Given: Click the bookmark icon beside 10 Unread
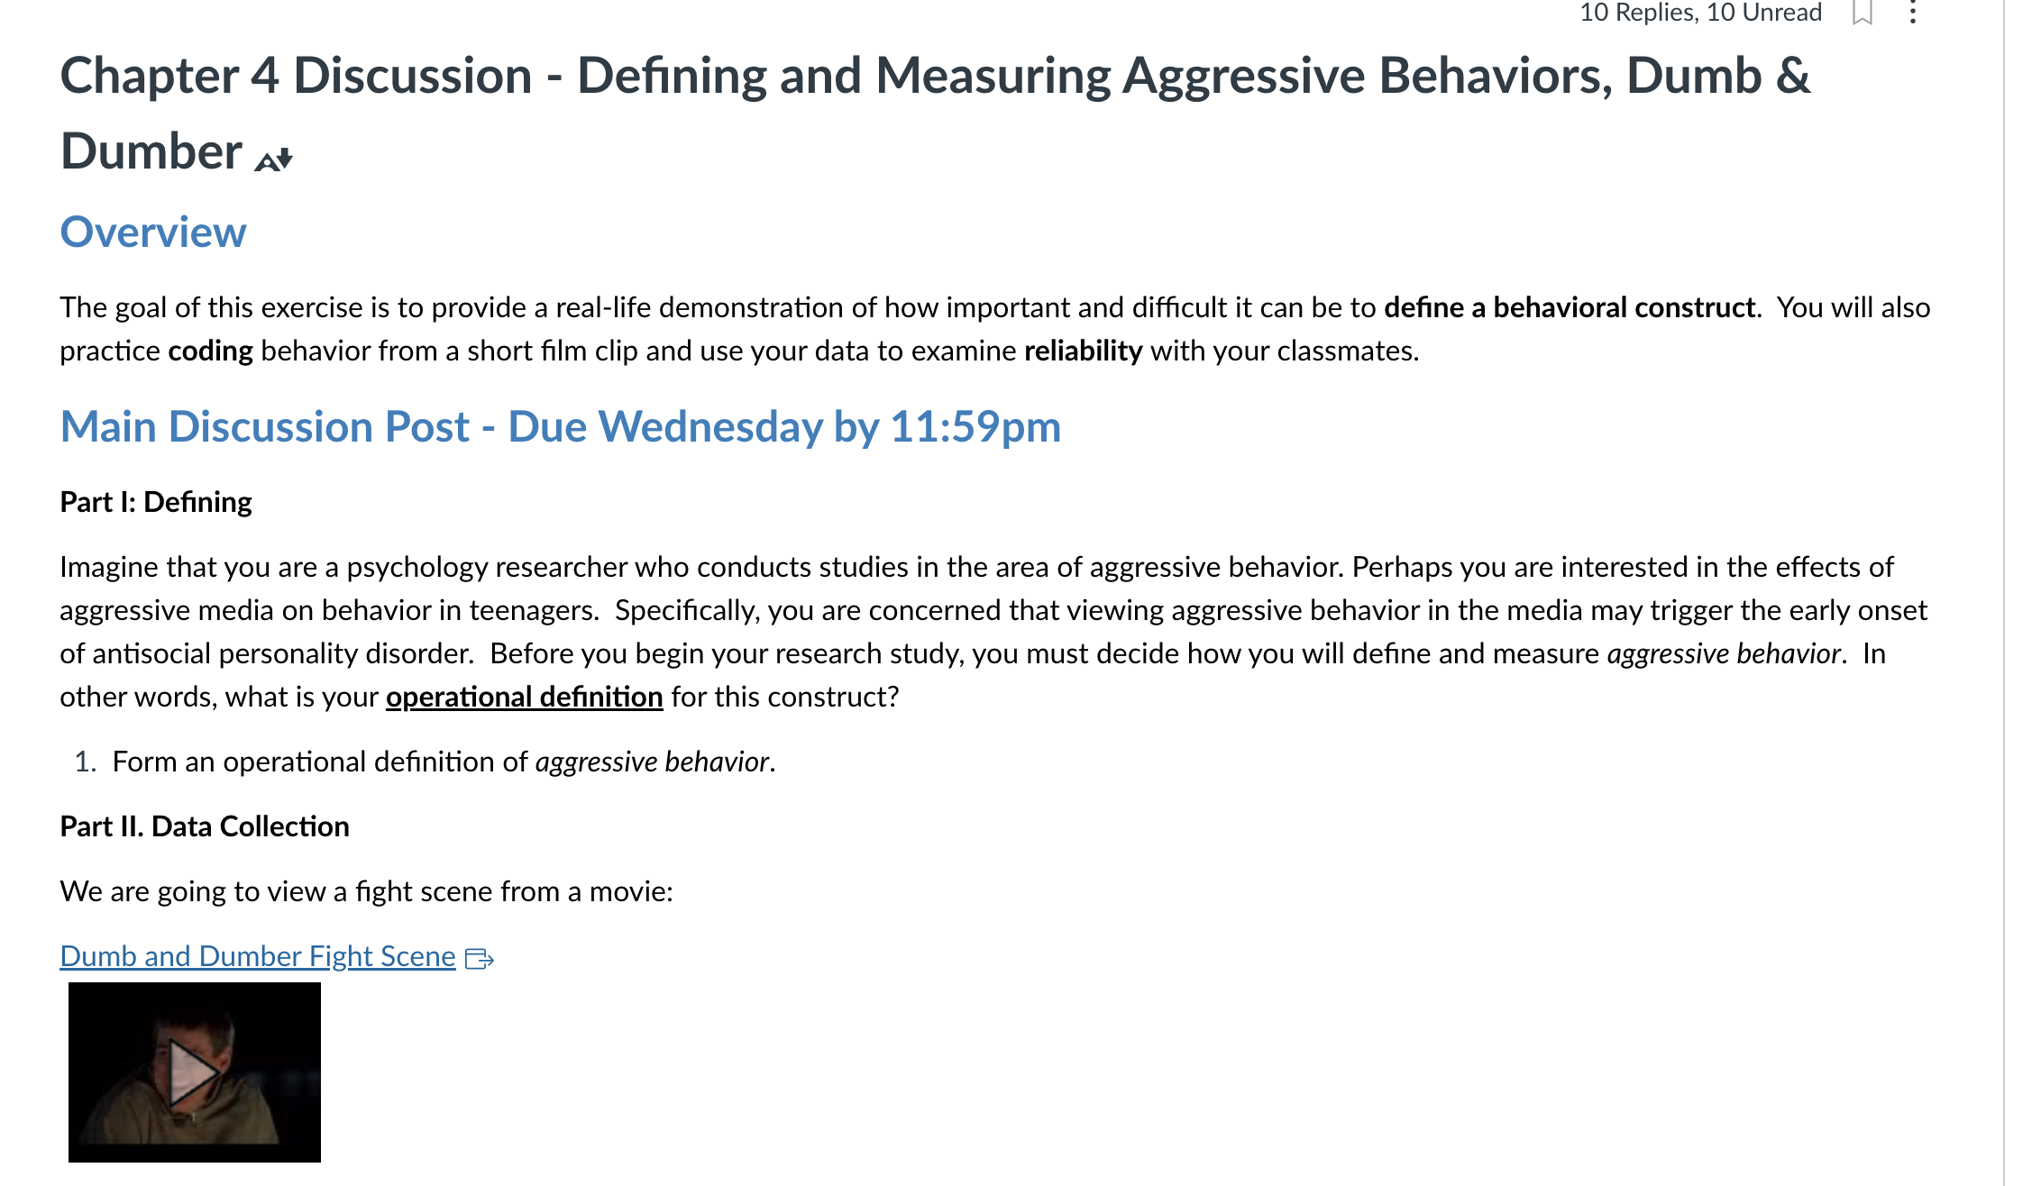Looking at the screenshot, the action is click(1863, 13).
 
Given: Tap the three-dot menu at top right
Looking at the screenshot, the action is click(1913, 12).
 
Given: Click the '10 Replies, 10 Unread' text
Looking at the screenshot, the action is click(1701, 13).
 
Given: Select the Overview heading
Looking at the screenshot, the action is click(153, 233).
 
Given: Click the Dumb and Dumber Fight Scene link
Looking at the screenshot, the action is click(258, 956).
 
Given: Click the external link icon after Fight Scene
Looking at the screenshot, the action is click(479, 958).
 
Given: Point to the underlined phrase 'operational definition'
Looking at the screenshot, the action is click(525, 697).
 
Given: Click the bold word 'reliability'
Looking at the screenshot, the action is click(1084, 351).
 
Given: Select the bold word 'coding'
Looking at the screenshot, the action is click(211, 351).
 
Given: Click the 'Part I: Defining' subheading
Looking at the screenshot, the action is click(156, 502).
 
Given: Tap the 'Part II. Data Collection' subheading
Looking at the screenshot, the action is click(205, 826).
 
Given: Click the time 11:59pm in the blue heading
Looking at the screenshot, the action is click(975, 426).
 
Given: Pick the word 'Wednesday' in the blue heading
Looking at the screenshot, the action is click(710, 426).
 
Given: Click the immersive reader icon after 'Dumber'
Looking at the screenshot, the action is click(274, 160).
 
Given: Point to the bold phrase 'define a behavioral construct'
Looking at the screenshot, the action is click(1570, 307).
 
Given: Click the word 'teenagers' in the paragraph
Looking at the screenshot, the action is click(532, 610).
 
